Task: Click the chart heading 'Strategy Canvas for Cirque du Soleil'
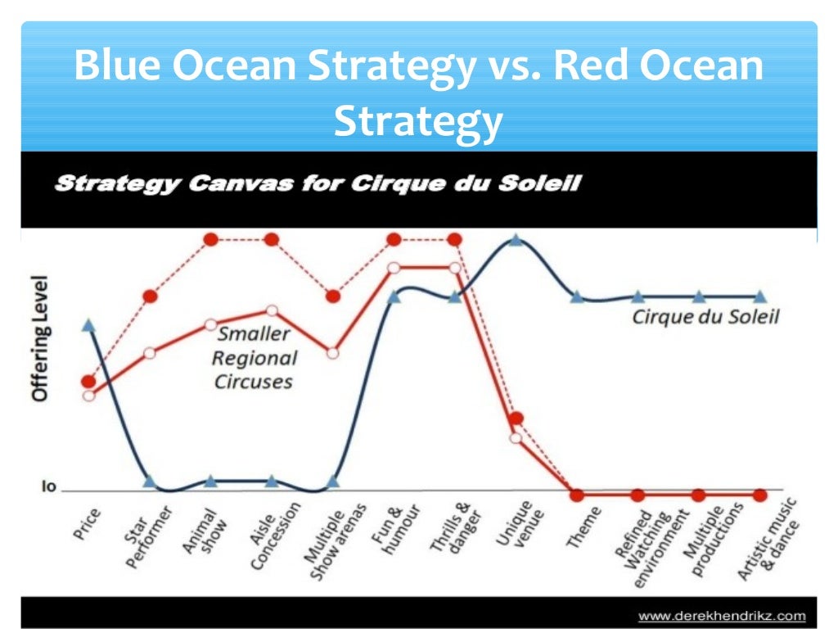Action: tap(318, 183)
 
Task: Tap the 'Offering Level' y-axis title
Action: tap(40, 338)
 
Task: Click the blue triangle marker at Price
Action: tap(88, 325)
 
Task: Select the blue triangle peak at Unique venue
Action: tap(516, 239)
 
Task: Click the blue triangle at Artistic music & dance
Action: tap(759, 296)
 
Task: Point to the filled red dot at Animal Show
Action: tap(210, 239)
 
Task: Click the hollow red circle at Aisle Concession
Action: tap(272, 310)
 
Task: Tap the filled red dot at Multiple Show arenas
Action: tap(333, 296)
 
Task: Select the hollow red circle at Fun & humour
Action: tap(394, 268)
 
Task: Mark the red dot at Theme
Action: tap(577, 496)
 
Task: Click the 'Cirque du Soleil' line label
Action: tap(705, 317)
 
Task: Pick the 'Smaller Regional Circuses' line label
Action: tap(254, 358)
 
